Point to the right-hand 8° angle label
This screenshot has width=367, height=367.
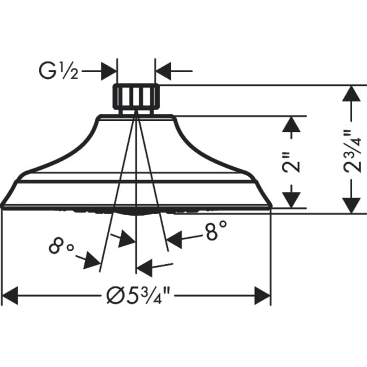pyautogui.click(x=216, y=231)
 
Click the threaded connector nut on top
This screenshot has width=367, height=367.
pyautogui.click(x=136, y=98)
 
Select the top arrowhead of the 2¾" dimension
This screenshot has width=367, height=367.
pyautogui.click(x=352, y=95)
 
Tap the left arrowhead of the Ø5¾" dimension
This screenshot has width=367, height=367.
pyautogui.click(x=11, y=295)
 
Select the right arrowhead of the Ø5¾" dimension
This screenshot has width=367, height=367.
pyautogui.click(x=262, y=295)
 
